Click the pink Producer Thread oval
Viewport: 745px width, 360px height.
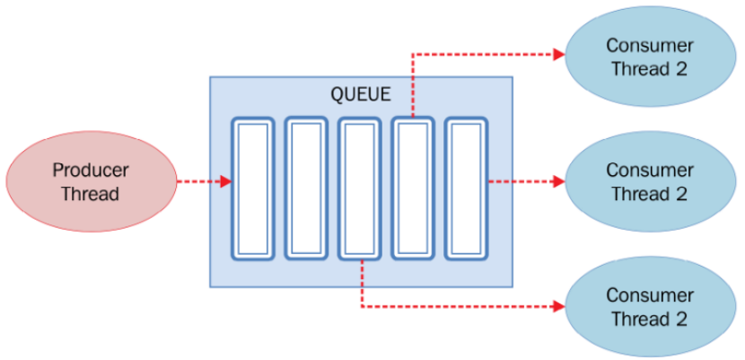90,181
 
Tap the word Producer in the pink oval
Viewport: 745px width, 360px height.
90,170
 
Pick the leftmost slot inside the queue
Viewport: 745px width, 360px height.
252,189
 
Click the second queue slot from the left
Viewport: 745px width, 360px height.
306,189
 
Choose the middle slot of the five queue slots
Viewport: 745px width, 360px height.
360,189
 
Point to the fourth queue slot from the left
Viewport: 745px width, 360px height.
414,189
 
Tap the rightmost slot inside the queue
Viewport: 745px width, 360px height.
468,189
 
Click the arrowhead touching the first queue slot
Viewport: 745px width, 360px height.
225,182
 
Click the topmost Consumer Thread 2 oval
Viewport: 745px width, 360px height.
650,57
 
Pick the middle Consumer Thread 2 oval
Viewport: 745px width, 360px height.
650,181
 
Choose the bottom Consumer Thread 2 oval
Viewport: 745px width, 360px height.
650,306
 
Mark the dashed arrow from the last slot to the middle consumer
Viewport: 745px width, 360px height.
525,181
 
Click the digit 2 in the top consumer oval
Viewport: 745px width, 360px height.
681,69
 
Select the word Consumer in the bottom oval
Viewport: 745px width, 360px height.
650,295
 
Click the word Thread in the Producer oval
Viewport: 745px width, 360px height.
90,194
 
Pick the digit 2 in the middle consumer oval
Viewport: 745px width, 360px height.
681,194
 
